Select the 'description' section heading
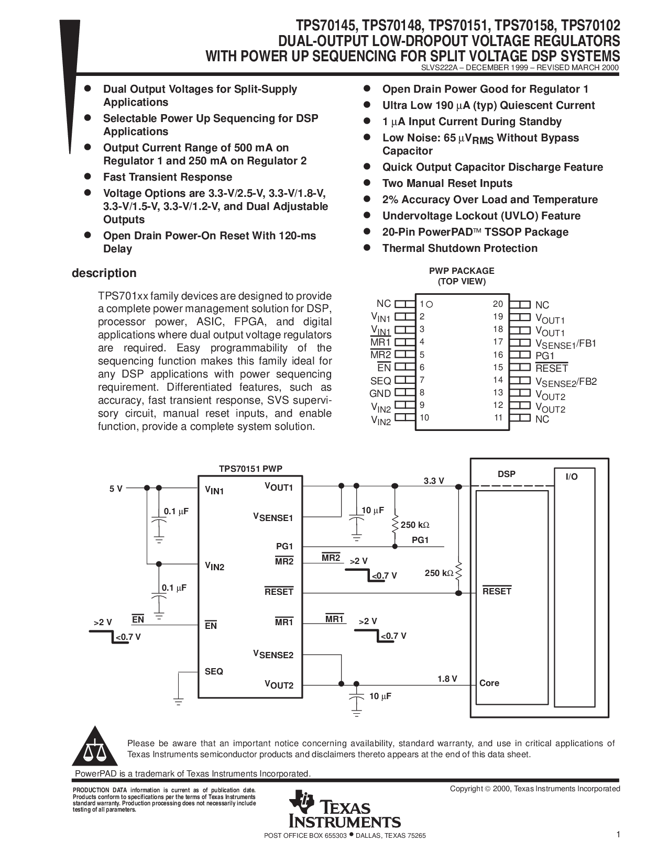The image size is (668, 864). click(x=104, y=273)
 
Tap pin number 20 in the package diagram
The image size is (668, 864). click(x=498, y=304)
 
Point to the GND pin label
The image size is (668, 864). click(x=380, y=394)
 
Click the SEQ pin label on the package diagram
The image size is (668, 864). click(x=381, y=381)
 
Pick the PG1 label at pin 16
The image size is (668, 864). click(x=545, y=356)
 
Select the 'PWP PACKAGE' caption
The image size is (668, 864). click(x=462, y=271)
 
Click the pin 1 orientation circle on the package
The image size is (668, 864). click(x=429, y=305)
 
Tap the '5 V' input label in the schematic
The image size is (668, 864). click(x=116, y=489)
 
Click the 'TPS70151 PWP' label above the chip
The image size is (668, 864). click(x=250, y=469)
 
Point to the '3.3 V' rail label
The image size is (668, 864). click(x=434, y=481)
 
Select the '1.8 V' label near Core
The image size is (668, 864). click(x=447, y=679)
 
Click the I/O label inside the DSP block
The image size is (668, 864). click(x=572, y=477)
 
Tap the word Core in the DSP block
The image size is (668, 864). click(x=489, y=683)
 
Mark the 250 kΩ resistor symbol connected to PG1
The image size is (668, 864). click(x=395, y=525)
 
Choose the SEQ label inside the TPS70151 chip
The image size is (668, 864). click(x=214, y=671)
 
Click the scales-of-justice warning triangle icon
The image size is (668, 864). click(x=95, y=746)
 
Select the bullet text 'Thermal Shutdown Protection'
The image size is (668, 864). click(x=459, y=249)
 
